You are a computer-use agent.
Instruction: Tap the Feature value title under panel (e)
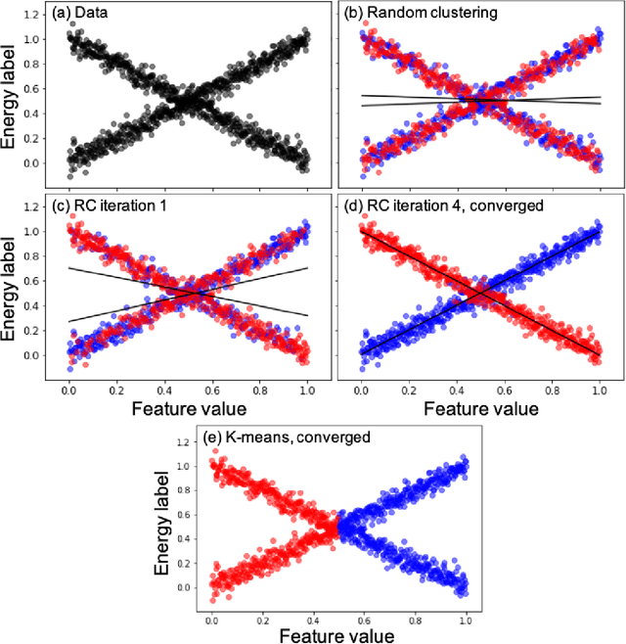coord(338,634)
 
